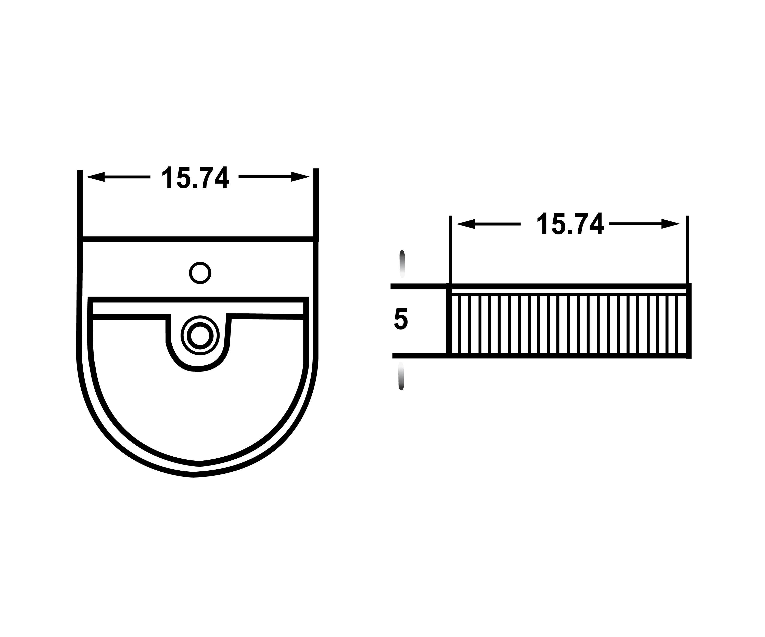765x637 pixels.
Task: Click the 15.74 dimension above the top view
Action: [195, 177]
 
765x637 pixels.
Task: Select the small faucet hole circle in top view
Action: [200, 273]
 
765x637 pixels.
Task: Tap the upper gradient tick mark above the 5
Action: [402, 263]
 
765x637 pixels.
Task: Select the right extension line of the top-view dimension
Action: [316, 204]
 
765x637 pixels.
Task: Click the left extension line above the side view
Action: [450, 249]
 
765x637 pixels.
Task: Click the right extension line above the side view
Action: [687, 249]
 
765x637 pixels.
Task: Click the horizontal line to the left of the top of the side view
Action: [419, 286]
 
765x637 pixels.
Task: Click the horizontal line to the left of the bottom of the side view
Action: [420, 355]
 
